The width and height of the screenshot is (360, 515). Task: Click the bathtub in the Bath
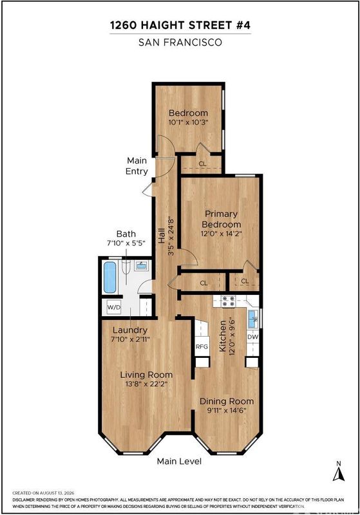click(109, 277)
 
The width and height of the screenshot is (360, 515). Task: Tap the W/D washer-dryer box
click(113, 308)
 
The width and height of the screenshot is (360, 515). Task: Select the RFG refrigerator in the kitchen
click(202, 346)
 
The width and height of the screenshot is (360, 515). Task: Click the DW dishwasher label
click(252, 337)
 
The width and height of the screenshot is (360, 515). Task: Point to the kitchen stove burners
click(228, 301)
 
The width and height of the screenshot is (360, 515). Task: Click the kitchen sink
click(252, 319)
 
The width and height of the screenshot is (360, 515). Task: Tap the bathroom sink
click(142, 265)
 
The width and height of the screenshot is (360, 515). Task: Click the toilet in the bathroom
click(126, 268)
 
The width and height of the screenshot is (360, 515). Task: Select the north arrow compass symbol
click(339, 471)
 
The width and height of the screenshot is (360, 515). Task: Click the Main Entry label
click(137, 166)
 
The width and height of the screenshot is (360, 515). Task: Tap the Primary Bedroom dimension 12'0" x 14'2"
click(222, 234)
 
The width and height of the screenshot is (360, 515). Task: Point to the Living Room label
click(146, 375)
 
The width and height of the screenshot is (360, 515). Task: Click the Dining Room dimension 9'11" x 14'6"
click(226, 410)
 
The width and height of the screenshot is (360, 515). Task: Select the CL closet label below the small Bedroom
click(203, 164)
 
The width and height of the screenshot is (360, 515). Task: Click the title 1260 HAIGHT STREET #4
click(180, 25)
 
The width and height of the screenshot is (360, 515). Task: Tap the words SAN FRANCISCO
click(180, 42)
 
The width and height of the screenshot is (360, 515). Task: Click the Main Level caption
click(179, 461)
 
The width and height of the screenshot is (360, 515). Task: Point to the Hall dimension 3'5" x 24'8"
click(171, 236)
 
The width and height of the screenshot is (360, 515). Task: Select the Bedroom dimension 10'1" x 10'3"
click(189, 122)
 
